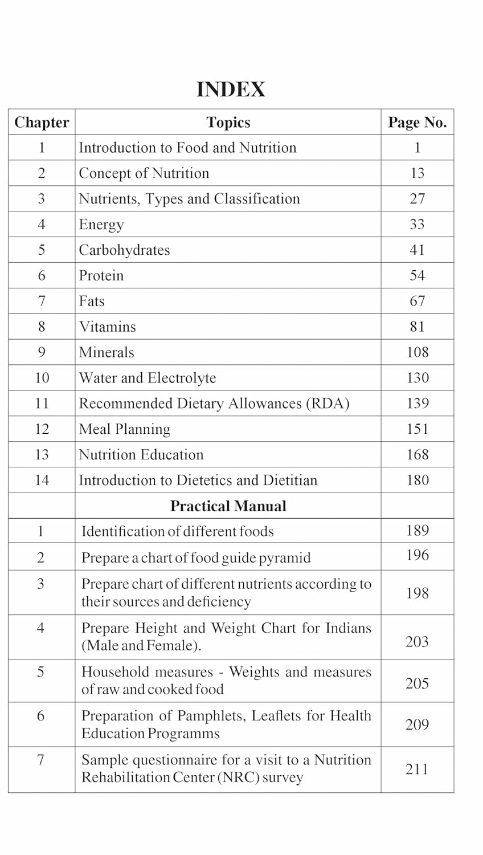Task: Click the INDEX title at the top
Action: tap(231, 89)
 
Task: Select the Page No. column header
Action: tap(417, 123)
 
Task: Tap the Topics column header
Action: tap(228, 123)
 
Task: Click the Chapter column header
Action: tap(42, 123)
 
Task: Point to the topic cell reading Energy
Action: tap(101, 225)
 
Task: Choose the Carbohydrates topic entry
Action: tap(124, 250)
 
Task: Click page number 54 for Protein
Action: tap(417, 276)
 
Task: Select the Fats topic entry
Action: tap(92, 301)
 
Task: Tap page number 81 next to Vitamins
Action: tap(417, 327)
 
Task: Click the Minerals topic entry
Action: tap(107, 352)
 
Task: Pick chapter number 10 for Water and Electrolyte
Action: tap(42, 378)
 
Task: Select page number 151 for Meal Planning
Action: tap(417, 429)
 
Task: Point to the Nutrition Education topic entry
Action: tap(141, 455)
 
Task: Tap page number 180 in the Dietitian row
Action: tap(417, 481)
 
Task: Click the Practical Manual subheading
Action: tap(228, 506)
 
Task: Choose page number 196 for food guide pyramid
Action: tap(417, 555)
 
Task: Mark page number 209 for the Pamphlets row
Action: tap(417, 724)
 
